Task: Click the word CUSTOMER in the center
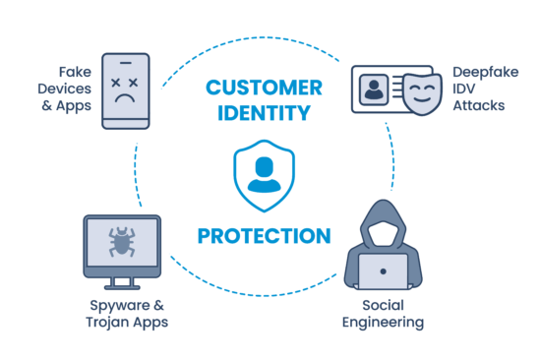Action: click(263, 87)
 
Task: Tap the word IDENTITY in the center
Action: click(263, 113)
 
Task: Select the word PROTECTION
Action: click(263, 237)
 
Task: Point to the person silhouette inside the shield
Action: click(263, 173)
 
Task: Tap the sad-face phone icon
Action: click(125, 91)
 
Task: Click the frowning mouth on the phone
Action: click(125, 101)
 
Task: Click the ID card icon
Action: click(383, 91)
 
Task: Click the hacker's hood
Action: click(383, 221)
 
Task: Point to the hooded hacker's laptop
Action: click(383, 270)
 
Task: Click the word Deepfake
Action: click(480, 71)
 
